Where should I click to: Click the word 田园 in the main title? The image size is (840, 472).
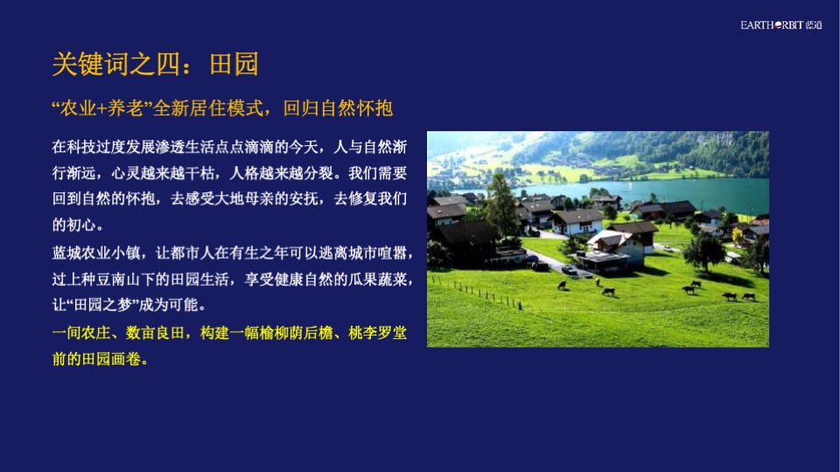point(234,64)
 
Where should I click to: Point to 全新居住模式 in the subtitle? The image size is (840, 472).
point(212,109)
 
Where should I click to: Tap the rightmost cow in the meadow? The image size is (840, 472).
point(749,296)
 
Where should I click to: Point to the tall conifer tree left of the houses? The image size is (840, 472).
point(501,205)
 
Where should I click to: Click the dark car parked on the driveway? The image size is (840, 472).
point(568,270)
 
